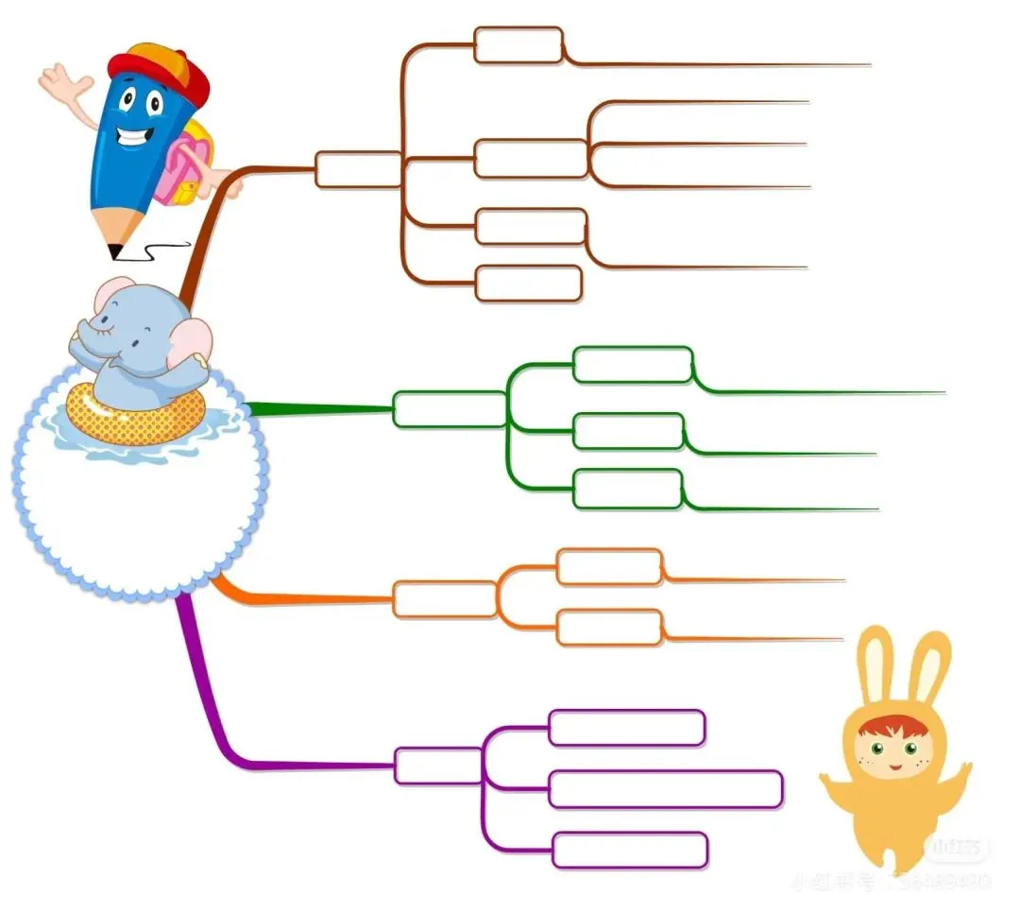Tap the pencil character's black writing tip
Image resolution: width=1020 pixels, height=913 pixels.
coord(116,251)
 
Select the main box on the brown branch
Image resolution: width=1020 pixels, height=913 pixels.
coord(358,169)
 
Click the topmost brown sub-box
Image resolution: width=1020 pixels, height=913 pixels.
coord(518,45)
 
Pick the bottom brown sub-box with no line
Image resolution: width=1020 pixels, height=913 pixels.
coord(528,284)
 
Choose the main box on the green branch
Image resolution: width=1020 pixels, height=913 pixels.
coord(449,409)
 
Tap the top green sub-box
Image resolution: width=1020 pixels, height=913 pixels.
coord(633,365)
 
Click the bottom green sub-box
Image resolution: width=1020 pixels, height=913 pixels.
coord(627,489)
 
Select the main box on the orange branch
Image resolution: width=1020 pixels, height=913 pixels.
coord(444,600)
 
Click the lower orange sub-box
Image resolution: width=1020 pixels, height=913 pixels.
coord(609,628)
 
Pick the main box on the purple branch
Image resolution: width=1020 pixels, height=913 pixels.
coord(437,766)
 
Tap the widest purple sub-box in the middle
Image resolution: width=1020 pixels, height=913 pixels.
coord(665,789)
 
